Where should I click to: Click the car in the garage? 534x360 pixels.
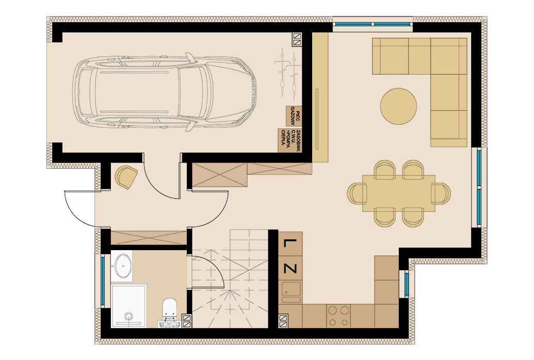click(x=165, y=92)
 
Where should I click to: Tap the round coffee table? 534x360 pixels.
click(x=398, y=106)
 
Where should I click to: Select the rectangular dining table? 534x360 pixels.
click(x=398, y=193)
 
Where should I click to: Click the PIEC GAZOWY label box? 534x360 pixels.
click(x=294, y=116)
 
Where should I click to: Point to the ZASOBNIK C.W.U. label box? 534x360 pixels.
click(x=290, y=141)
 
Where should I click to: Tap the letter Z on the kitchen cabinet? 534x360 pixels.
click(x=290, y=269)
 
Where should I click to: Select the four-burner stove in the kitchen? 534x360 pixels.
click(x=338, y=316)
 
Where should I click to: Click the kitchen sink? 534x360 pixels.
click(x=291, y=292)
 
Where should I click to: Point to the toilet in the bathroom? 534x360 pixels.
click(x=170, y=313)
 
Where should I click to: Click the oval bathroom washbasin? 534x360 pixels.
click(x=123, y=266)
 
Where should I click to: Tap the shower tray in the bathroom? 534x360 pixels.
click(x=129, y=306)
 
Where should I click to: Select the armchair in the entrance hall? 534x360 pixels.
click(x=126, y=176)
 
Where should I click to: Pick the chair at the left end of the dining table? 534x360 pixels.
click(x=357, y=193)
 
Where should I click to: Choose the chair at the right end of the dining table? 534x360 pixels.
click(x=441, y=193)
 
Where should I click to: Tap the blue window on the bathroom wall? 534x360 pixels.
click(x=103, y=281)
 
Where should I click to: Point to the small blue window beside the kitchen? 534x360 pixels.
click(x=407, y=284)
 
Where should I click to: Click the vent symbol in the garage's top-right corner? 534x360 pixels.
click(x=297, y=39)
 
